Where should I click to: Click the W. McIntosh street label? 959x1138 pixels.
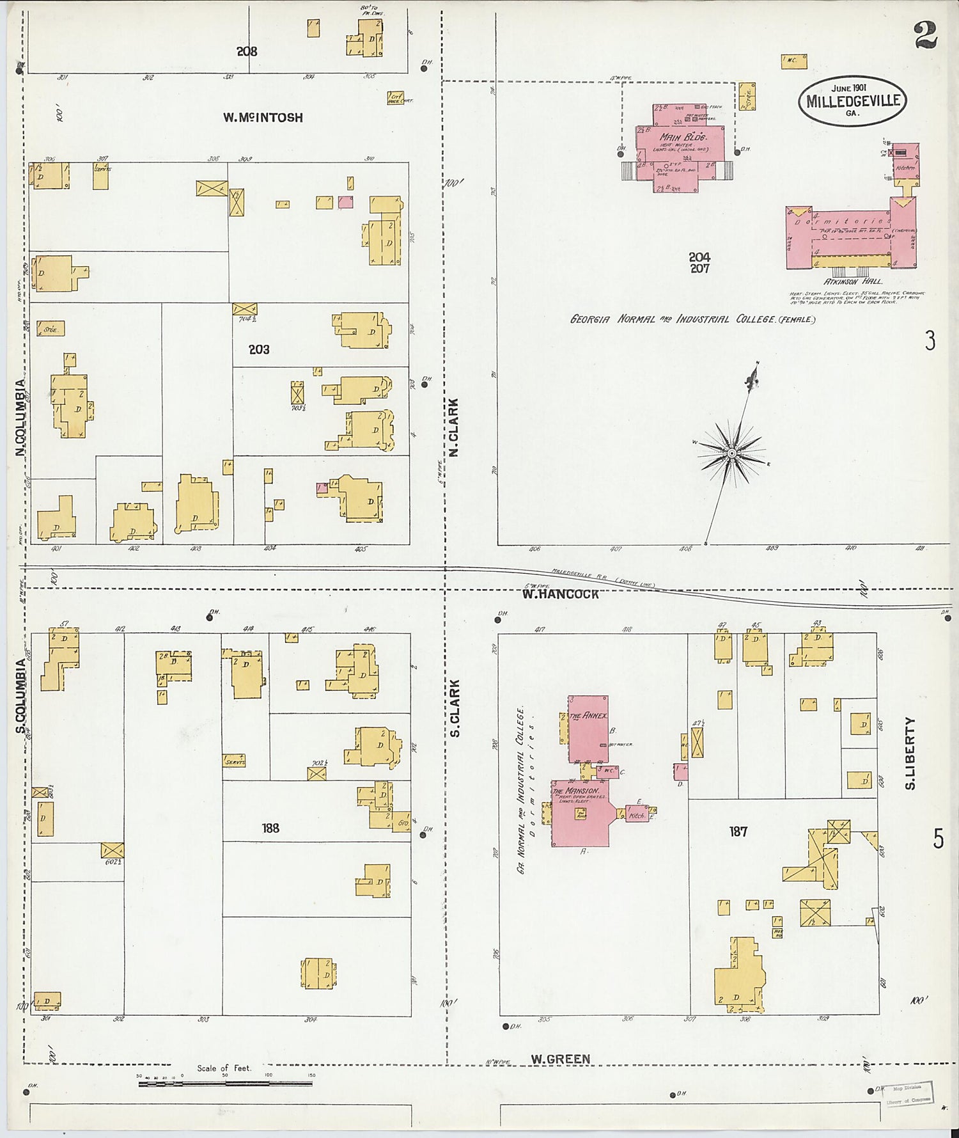pyautogui.click(x=263, y=118)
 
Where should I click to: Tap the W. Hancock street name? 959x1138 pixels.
pyautogui.click(x=561, y=594)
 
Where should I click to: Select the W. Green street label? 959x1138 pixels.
pyautogui.click(x=560, y=1059)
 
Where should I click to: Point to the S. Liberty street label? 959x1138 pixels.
pyautogui.click(x=910, y=753)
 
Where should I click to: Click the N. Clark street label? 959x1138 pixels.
pyautogui.click(x=454, y=427)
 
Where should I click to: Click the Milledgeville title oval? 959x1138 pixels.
pyautogui.click(x=853, y=101)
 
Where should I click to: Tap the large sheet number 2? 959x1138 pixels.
pyautogui.click(x=925, y=35)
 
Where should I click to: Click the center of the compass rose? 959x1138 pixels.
pyautogui.click(x=731, y=454)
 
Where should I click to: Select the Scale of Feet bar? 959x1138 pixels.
pyautogui.click(x=224, y=1084)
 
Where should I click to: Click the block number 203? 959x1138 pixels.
pyautogui.click(x=259, y=350)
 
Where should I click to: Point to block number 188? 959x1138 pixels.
pyautogui.click(x=270, y=828)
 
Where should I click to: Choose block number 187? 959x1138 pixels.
pyautogui.click(x=738, y=832)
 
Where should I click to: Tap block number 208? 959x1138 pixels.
pyautogui.click(x=247, y=51)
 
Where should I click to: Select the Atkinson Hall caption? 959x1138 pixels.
pyautogui.click(x=853, y=281)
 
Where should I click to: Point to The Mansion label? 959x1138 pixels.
pyautogui.click(x=575, y=791)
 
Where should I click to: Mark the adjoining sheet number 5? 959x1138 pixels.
pyautogui.click(x=938, y=838)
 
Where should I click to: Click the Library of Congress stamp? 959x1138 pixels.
pyautogui.click(x=908, y=1093)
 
